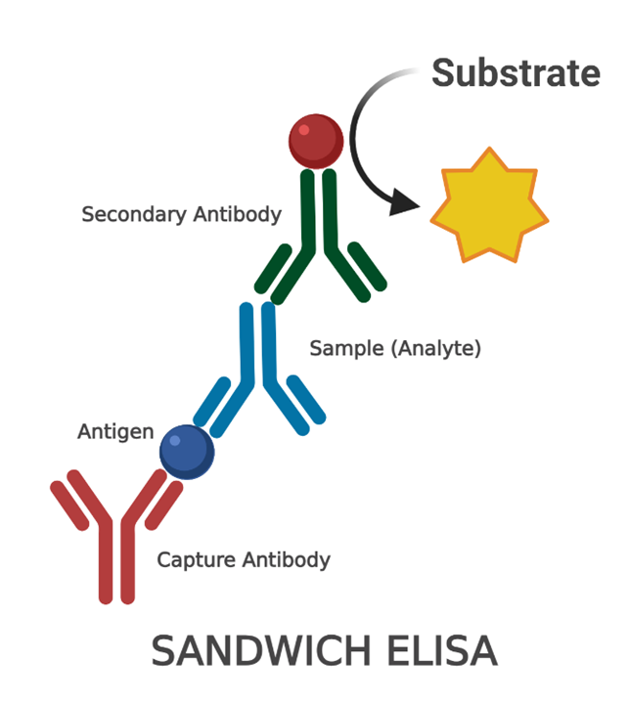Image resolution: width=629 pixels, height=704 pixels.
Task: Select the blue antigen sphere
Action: pos(187,452)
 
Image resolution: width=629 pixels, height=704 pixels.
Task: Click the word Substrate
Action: pos(516,73)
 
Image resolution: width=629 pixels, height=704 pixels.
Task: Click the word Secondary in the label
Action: pos(129,214)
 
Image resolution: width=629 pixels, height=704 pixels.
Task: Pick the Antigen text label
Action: pos(115,431)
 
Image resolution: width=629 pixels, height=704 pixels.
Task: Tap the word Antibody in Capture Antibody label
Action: pos(286,560)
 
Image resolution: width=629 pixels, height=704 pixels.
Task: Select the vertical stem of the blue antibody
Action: pos(256,342)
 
